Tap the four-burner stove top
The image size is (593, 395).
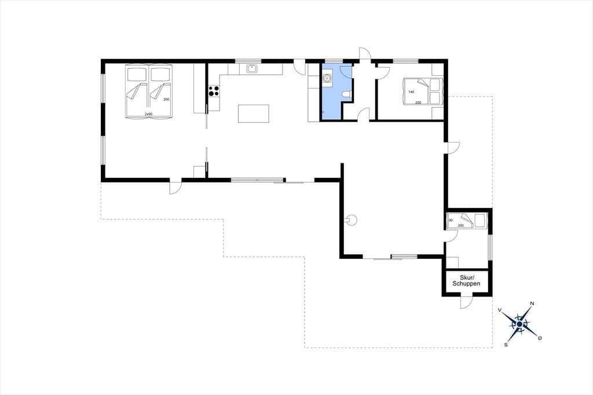point(214,91)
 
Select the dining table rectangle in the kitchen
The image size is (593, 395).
point(254,114)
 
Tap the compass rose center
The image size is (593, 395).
point(519,324)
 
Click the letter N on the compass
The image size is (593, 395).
point(532,303)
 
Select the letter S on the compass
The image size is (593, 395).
point(506,345)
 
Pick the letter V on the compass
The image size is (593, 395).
point(500,310)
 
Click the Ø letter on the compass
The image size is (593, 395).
point(540,338)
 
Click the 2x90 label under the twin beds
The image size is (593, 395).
point(148,114)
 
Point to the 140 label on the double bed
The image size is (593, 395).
point(412,92)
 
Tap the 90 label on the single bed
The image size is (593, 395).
point(451,220)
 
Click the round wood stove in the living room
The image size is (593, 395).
point(352,220)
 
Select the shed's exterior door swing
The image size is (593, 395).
point(466,302)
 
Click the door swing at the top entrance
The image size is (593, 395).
point(365,54)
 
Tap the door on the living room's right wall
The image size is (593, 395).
point(453,148)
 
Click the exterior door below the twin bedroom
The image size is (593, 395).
point(175,188)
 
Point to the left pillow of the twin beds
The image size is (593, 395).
point(137,74)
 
